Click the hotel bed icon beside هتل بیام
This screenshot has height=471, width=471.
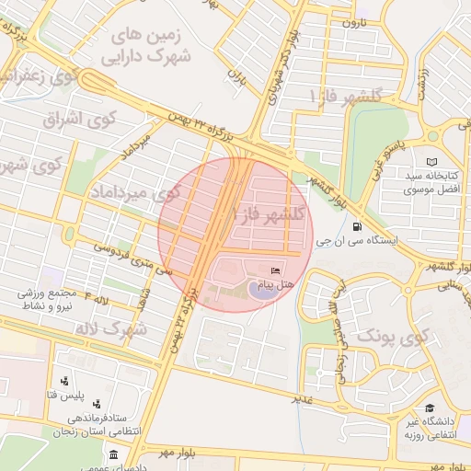coord(275,271)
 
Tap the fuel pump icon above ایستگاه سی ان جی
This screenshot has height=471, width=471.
coord(356,226)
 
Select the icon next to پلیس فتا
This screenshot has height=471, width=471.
coord(64,381)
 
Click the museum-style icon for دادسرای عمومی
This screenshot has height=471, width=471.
coord(112,455)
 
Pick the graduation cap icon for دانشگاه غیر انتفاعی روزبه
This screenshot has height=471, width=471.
coord(429,408)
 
